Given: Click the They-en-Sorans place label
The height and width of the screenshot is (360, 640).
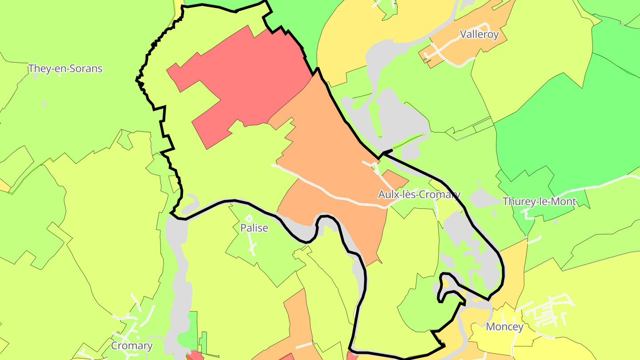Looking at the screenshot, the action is click(65, 69).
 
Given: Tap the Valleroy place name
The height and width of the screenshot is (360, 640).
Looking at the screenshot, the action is click(479, 35).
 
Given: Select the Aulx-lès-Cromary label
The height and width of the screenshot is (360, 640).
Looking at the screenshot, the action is click(419, 195).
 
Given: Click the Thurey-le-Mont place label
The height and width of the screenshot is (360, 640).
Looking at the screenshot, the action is click(539, 202).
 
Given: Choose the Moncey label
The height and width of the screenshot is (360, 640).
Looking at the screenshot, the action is click(504, 327).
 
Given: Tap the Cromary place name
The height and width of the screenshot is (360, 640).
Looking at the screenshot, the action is click(132, 346).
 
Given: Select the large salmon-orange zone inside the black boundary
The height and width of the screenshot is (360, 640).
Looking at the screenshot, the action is click(329, 147).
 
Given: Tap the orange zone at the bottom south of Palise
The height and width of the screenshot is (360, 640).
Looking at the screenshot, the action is click(298, 324).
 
